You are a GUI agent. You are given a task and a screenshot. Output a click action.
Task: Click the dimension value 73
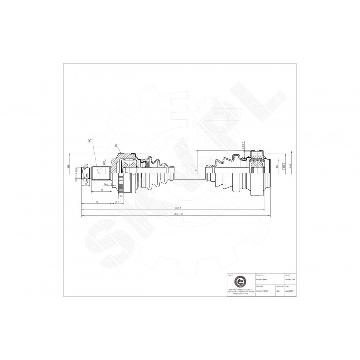click(97, 203)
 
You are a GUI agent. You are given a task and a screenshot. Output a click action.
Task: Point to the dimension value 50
click(102, 190)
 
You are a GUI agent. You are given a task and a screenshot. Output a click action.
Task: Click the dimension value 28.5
click(117, 203)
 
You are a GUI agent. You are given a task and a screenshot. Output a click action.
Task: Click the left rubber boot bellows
click(156, 170)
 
